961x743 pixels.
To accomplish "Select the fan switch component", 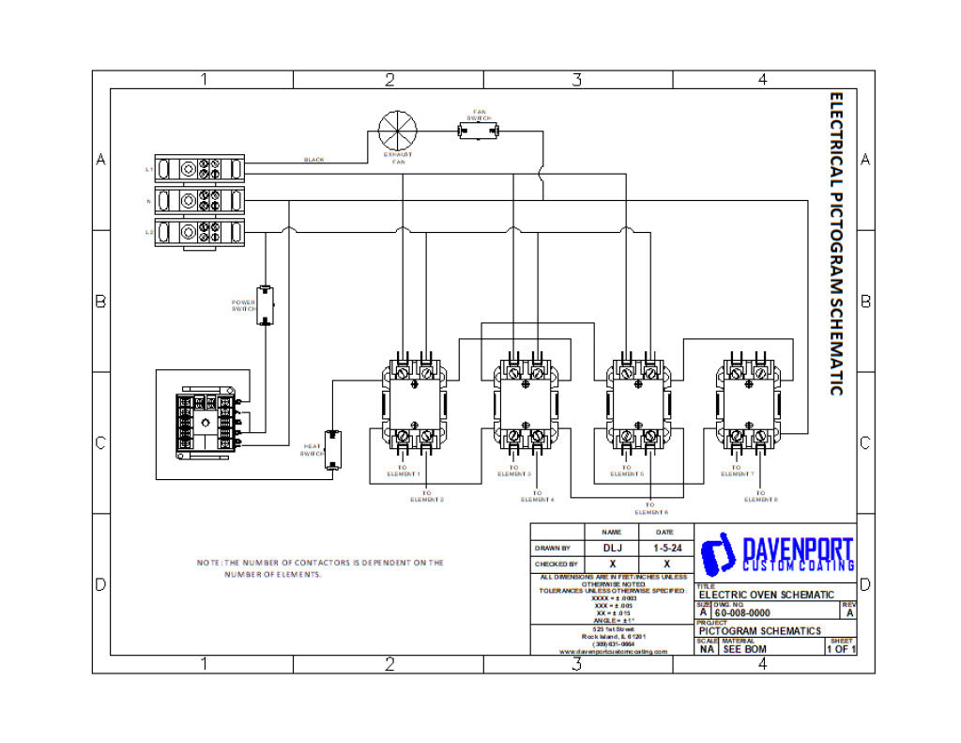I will click(478, 132).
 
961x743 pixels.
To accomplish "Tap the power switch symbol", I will click(266, 305).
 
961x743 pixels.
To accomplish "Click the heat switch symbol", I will click(332, 450).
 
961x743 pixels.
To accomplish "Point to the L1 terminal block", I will click(199, 169).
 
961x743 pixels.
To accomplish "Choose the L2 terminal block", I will click(199, 231).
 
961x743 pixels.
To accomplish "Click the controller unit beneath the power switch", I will click(202, 425).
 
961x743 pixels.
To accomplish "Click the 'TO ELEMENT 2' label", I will click(427, 496).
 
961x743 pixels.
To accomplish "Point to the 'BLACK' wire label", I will click(313, 160).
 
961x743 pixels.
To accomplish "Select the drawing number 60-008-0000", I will click(742, 612).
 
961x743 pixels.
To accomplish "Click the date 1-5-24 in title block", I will click(666, 547).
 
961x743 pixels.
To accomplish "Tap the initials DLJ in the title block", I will click(611, 547).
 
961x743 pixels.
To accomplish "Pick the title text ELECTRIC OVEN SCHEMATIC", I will click(766, 595).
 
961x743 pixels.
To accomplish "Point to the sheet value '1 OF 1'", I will click(840, 648).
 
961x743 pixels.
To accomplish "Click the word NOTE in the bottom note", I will click(207, 563).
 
